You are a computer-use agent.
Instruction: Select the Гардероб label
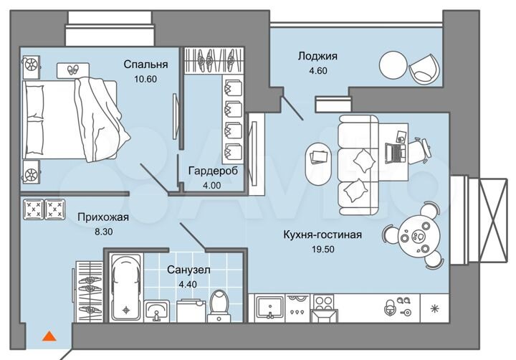pos(212,171)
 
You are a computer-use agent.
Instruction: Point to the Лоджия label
pos(317,55)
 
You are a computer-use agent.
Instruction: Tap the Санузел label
pos(188,270)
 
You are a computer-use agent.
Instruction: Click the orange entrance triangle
pos(49,335)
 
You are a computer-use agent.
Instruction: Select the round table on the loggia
pos(393,64)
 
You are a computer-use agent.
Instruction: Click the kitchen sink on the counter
pos(270,306)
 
